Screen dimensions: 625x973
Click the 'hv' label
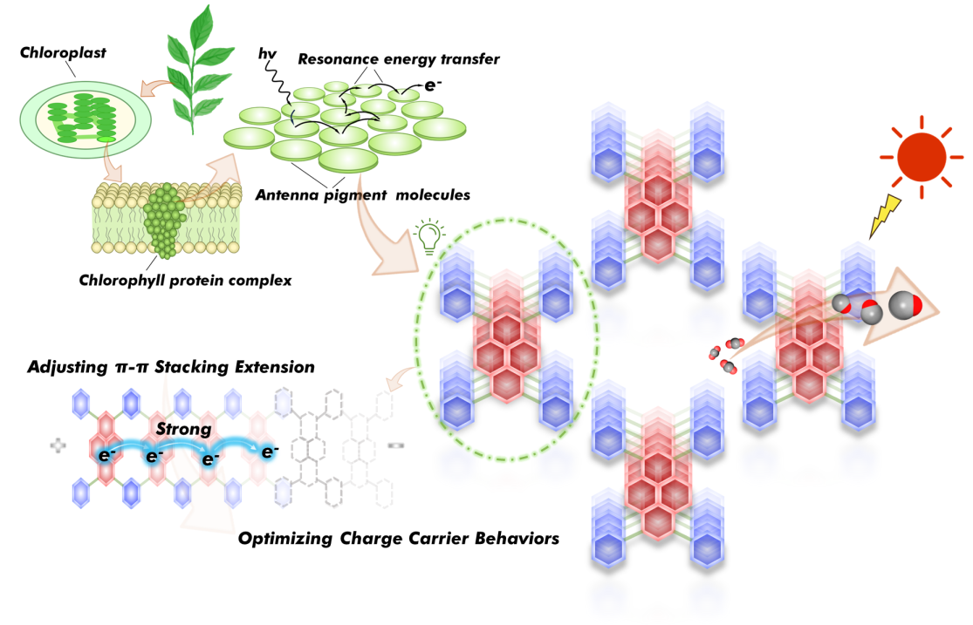click(267, 55)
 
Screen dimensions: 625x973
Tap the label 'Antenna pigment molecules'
click(362, 194)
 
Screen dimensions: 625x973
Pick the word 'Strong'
click(184, 429)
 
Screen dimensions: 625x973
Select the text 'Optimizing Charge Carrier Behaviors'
click(399, 538)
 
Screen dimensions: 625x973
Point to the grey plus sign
click(58, 445)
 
